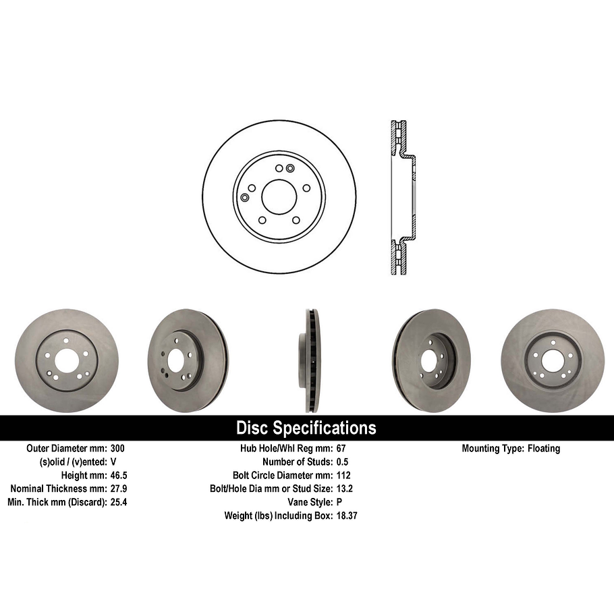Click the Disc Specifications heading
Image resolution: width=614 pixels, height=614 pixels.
(x=306, y=428)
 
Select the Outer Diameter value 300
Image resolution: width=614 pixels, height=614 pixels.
(x=117, y=448)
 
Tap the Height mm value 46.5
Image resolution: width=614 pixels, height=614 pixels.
(x=118, y=475)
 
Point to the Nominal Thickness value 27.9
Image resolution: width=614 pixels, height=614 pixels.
(x=118, y=489)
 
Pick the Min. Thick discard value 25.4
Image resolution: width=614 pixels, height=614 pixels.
(x=118, y=502)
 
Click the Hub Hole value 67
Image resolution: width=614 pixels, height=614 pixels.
(x=341, y=448)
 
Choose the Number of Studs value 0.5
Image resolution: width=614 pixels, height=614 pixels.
(x=343, y=462)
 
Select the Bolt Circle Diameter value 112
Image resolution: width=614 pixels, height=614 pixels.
(x=343, y=475)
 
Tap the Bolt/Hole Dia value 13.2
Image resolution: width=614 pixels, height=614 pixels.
(x=344, y=489)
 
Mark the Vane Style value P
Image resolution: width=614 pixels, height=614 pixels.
(x=339, y=502)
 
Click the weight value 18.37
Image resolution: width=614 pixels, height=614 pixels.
(x=346, y=515)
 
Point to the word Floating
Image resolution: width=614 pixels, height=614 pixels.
(x=544, y=448)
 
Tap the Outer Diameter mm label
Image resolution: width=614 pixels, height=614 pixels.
(x=65, y=448)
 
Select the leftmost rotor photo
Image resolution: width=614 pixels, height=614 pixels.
(x=66, y=361)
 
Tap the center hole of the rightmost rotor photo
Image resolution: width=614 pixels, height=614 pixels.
(x=551, y=360)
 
